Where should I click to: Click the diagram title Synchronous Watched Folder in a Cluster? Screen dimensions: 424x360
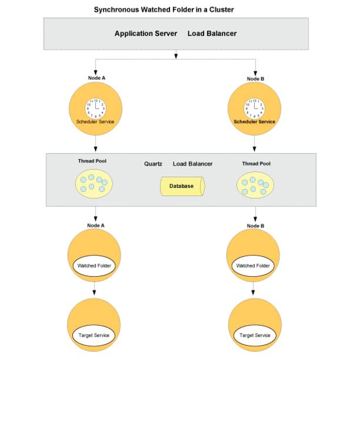pyautogui.click(x=164, y=9)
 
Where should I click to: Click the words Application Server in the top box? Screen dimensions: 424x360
pyautogui.click(x=146, y=34)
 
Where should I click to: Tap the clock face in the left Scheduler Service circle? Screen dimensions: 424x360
pyautogui.click(x=96, y=108)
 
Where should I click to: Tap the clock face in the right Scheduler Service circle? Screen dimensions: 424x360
pyautogui.click(x=255, y=108)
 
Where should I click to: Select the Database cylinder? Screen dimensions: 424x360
pyautogui.click(x=182, y=186)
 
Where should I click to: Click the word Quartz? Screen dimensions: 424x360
pyautogui.click(x=153, y=164)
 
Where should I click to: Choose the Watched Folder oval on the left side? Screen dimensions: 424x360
pyautogui.click(x=95, y=266)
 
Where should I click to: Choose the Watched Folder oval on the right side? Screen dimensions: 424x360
pyautogui.click(x=253, y=266)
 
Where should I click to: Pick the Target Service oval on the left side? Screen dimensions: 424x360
pyautogui.click(x=94, y=335)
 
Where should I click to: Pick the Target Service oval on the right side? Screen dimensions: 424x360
pyautogui.click(x=255, y=335)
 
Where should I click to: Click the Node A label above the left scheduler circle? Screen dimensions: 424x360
pyautogui.click(x=96, y=78)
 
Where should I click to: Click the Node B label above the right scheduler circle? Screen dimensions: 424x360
pyautogui.click(x=255, y=78)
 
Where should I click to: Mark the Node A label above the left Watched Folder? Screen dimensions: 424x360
pyautogui.click(x=95, y=225)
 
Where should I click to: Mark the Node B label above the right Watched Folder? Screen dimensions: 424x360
pyautogui.click(x=255, y=226)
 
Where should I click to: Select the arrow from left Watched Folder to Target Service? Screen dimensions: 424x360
pyautogui.click(x=94, y=289)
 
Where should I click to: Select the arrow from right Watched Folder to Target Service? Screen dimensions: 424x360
pyautogui.click(x=253, y=289)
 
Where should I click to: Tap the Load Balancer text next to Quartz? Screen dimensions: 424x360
pyautogui.click(x=192, y=164)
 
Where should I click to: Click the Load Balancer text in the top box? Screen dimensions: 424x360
pyautogui.click(x=212, y=34)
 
